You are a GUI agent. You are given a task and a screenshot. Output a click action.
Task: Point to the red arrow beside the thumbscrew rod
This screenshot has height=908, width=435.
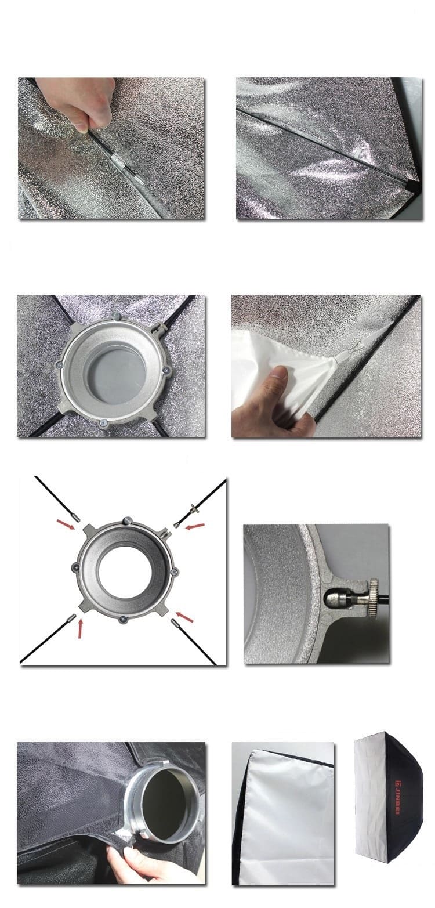pyautogui.click(x=194, y=526)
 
